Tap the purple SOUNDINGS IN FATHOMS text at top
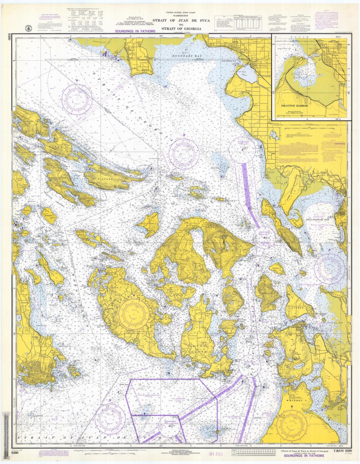[x=135, y=31]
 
